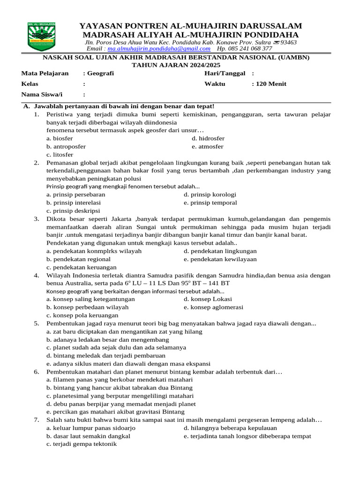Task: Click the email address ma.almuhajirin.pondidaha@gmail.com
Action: [x=159, y=49]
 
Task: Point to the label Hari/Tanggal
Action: [x=225, y=73]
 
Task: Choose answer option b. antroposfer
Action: [x=66, y=146]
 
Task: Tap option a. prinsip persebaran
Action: [x=75, y=195]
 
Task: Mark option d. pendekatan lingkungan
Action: [x=220, y=251]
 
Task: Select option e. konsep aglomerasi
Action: [x=213, y=307]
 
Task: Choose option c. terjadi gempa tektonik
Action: [x=81, y=444]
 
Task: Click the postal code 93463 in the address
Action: [x=288, y=42]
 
